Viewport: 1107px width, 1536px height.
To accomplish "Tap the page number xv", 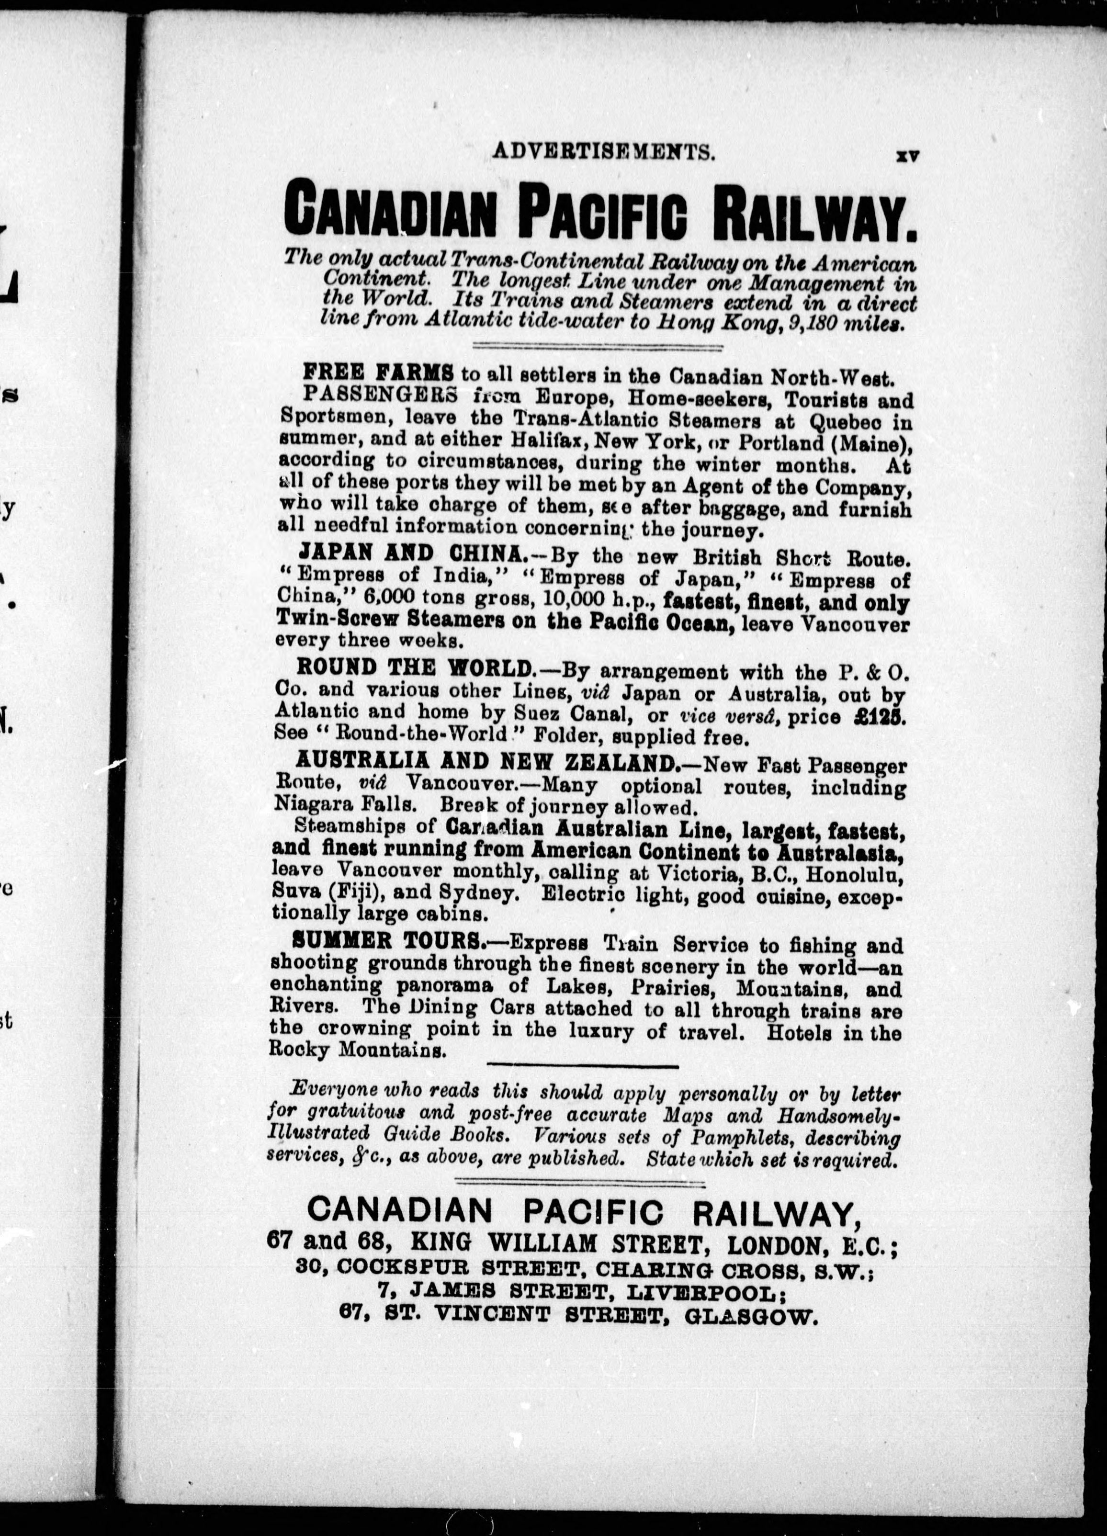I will (x=906, y=155).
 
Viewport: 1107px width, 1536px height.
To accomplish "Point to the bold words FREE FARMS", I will (x=378, y=373).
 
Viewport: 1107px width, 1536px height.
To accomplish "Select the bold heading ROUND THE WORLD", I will (x=416, y=668).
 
